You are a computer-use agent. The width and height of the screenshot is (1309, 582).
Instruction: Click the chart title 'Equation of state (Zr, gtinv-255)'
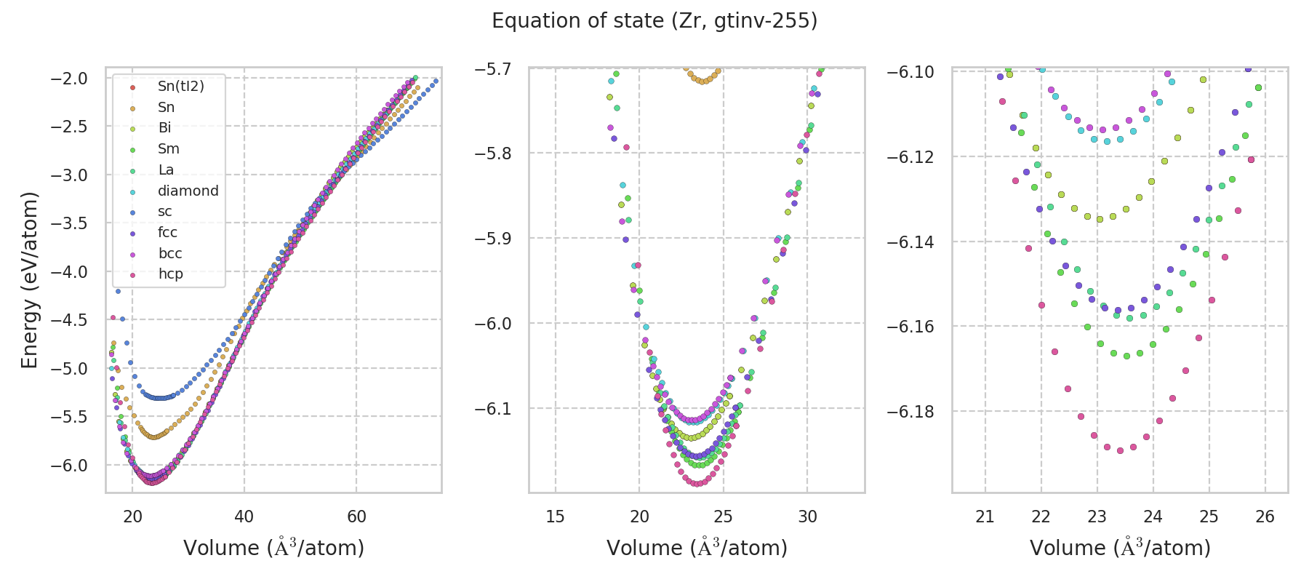coord(654,21)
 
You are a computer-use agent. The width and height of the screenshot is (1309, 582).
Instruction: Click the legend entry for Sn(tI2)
coord(180,86)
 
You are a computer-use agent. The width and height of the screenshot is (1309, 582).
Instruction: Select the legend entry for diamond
coord(188,191)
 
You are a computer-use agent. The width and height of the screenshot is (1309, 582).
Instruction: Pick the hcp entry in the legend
coord(170,274)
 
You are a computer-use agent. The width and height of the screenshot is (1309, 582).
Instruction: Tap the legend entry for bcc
coord(169,253)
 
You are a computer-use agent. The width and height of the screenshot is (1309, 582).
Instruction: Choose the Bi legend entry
coord(164,128)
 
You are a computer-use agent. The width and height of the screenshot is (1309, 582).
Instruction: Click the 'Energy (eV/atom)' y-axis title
coord(29,280)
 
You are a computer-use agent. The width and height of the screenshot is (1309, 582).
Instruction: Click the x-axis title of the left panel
coord(273,548)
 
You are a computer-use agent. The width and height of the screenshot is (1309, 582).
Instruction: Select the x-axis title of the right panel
coord(1120,548)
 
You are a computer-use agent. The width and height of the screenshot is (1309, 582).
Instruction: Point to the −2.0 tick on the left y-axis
coord(68,79)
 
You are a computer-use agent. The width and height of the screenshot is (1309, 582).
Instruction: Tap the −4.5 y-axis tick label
coord(68,320)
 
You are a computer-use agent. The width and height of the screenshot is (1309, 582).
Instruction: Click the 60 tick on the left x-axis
coord(356,517)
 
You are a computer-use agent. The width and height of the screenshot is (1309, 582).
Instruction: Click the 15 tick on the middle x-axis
coord(556,517)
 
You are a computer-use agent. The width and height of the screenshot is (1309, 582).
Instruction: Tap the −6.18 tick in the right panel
coord(910,412)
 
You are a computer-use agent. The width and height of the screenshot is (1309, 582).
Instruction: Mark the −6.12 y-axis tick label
coord(910,157)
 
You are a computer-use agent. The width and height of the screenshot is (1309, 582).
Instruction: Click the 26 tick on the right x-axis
coord(1265,517)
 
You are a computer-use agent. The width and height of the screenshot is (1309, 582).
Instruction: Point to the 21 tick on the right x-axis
coord(985,517)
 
